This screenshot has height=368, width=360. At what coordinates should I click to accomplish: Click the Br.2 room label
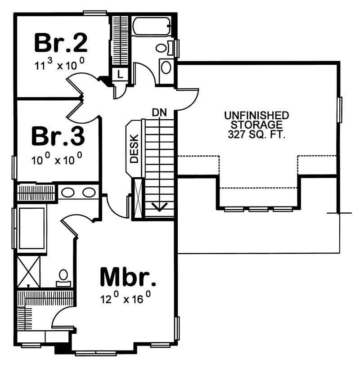[x=60, y=43]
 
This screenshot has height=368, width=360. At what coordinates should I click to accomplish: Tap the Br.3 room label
[x=58, y=136]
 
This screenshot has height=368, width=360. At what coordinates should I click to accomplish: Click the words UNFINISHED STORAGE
[x=256, y=120]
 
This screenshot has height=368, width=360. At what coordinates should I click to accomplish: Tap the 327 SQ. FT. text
[x=256, y=134]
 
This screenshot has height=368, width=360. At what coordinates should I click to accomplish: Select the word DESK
[x=134, y=149]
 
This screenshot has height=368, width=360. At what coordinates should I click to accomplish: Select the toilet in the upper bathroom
[x=162, y=47]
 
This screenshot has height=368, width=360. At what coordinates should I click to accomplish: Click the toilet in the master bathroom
[x=63, y=276]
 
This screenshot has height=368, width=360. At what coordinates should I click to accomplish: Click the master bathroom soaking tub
[x=31, y=228]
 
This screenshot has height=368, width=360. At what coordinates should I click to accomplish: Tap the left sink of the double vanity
[x=68, y=193]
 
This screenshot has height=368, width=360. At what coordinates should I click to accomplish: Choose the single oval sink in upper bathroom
[x=166, y=68]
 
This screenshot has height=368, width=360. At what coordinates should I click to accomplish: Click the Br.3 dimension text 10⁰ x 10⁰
[x=58, y=159]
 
